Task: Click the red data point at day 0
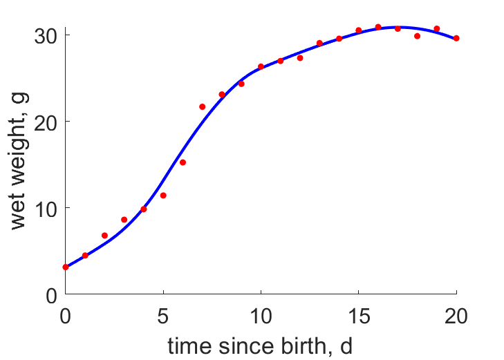coord(66,267)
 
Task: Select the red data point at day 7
coord(202,106)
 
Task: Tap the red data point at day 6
coord(183,162)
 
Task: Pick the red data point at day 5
coord(163,196)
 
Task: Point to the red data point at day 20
coord(456,38)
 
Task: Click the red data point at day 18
coord(417,36)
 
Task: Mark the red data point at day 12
coord(300,58)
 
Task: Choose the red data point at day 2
coord(104,236)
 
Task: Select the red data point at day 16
coord(378,27)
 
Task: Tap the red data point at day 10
coord(261,66)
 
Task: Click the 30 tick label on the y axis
coord(46,36)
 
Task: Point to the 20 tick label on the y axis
coord(46,123)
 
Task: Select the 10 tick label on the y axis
coord(46,209)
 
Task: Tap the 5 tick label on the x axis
coord(163,316)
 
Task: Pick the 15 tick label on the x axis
coord(358,316)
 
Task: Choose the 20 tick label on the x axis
coord(456,316)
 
